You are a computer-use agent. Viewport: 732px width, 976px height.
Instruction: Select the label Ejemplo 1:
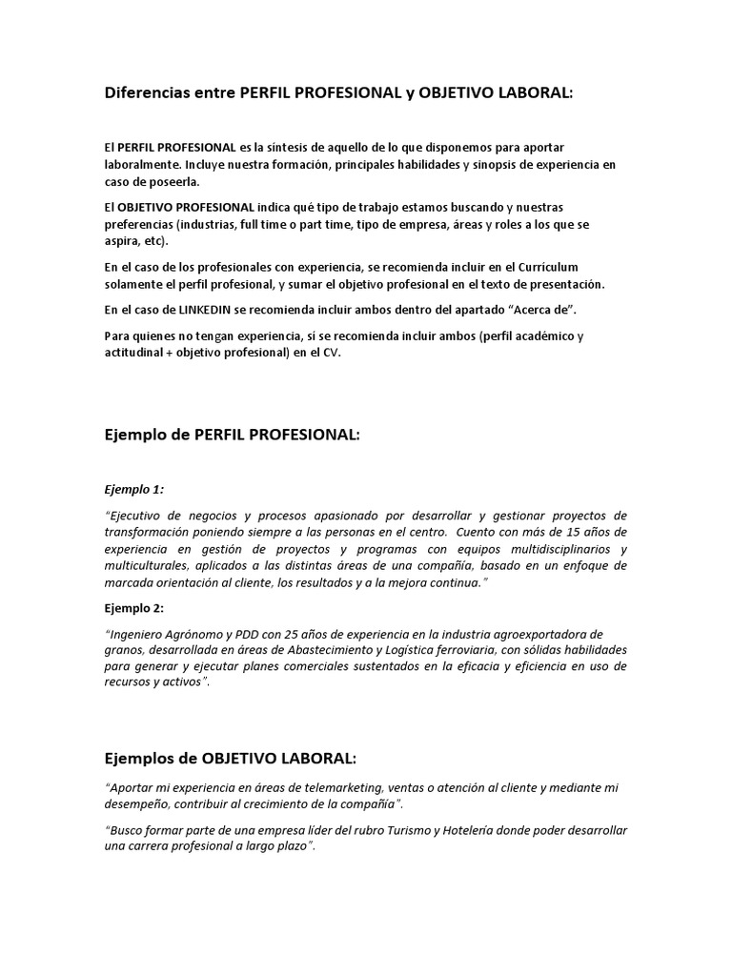[x=133, y=489]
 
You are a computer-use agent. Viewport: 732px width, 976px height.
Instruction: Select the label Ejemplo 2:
[x=133, y=608]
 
